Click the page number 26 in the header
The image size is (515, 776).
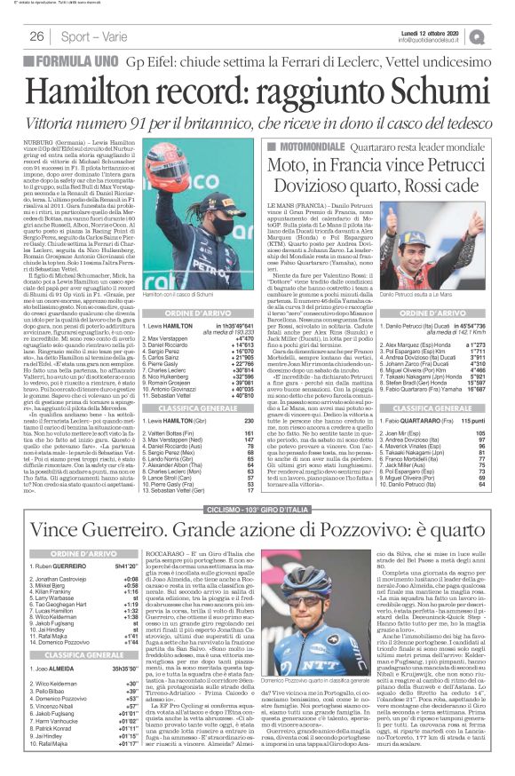[36, 36]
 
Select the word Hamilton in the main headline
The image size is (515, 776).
[105, 85]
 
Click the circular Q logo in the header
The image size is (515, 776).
[503, 36]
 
